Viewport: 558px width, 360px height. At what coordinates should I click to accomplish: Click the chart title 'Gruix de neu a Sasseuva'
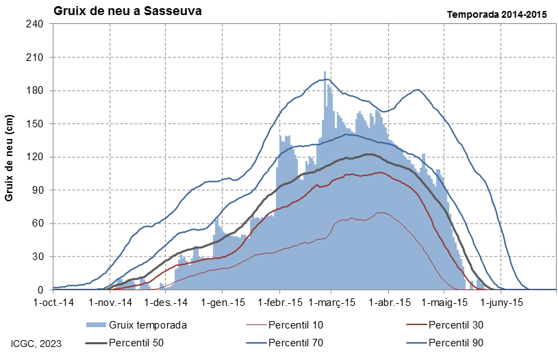click(127, 11)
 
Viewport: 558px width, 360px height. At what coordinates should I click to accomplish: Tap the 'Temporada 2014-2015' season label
click(497, 14)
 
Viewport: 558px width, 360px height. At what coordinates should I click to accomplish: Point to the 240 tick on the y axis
click(35, 24)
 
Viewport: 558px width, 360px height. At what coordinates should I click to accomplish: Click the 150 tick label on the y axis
click(35, 124)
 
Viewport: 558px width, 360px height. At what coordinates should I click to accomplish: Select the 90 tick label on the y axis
click(38, 190)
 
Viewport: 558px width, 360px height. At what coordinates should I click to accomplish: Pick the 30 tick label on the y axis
click(38, 257)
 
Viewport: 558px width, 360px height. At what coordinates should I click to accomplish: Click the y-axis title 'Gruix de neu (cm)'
click(9, 158)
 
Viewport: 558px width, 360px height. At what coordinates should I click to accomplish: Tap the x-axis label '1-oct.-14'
click(53, 303)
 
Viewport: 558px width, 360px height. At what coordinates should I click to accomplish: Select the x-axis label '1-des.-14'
click(166, 303)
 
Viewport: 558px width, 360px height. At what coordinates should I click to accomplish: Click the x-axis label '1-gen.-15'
click(223, 303)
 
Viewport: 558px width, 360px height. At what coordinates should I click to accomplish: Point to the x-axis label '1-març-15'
click(332, 303)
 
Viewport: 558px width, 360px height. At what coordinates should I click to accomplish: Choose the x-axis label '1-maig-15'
click(444, 303)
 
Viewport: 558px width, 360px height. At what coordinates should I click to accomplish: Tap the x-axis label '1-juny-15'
click(502, 303)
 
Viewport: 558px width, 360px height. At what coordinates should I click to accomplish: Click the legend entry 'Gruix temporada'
click(137, 325)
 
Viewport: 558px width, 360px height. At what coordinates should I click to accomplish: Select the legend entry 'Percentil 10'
click(285, 325)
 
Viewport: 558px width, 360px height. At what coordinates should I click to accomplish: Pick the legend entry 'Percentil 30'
click(445, 325)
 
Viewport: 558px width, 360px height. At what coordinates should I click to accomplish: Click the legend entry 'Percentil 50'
click(125, 343)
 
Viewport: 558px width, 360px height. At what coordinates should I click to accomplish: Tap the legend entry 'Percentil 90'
click(445, 343)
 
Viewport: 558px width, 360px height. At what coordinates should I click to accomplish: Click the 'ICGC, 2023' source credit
click(36, 344)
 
